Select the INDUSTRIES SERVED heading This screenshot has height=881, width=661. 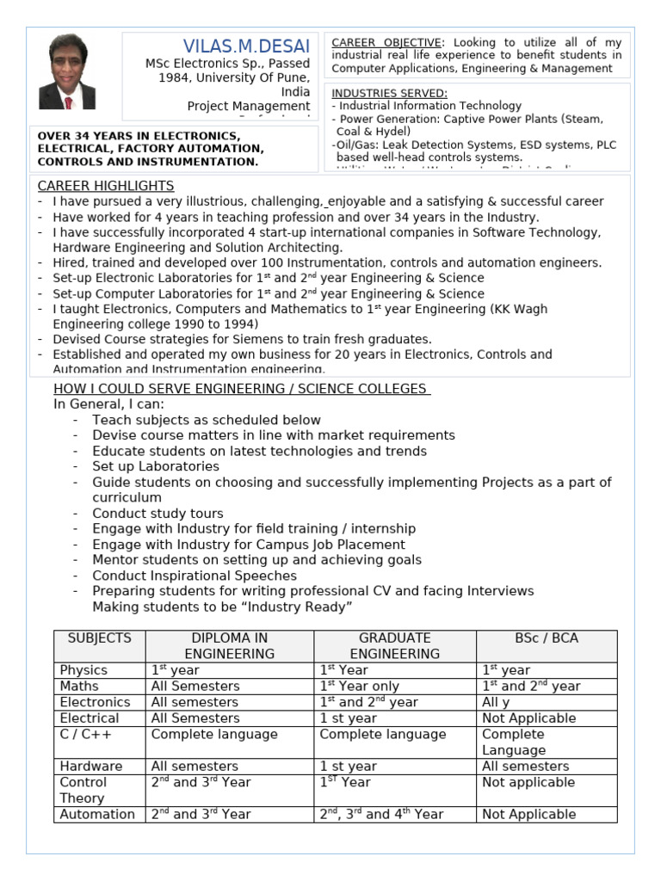tap(389, 93)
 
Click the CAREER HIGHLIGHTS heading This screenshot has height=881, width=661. tap(106, 186)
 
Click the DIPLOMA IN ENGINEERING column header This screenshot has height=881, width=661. tap(229, 646)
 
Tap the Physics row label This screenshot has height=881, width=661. tap(83, 670)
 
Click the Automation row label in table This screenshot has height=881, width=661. tap(97, 814)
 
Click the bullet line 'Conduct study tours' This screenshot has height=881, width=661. tap(158, 514)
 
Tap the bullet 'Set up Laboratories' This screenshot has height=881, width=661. tap(156, 466)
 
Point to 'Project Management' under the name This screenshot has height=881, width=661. tap(249, 107)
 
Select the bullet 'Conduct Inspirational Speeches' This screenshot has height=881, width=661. tap(195, 576)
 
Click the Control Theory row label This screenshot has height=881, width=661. tap(83, 790)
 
